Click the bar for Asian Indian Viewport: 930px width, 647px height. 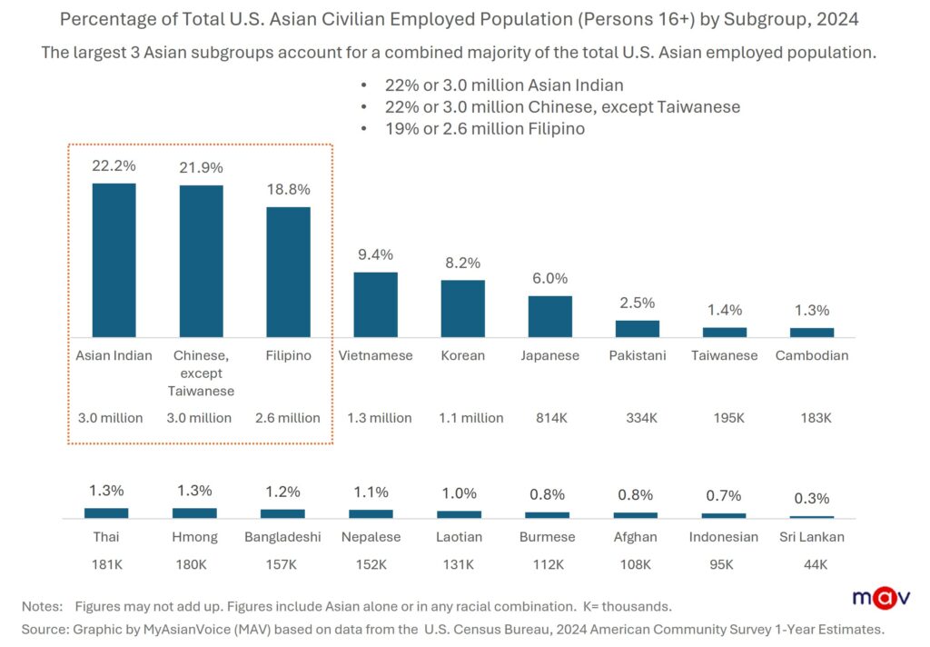tap(114, 260)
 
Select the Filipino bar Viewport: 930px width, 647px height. tap(288, 272)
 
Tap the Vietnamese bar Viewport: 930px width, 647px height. tap(375, 304)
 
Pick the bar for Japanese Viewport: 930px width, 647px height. tap(549, 316)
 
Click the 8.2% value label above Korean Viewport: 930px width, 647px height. tap(462, 263)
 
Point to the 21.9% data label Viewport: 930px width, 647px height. tap(201, 167)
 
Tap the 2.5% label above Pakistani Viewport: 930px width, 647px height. tap(637, 303)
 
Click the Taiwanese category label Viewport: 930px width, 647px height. tap(724, 355)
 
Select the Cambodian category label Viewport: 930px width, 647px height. tap(812, 355)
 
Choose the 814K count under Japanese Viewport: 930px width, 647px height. tap(549, 418)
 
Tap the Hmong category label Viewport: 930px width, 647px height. tap(194, 537)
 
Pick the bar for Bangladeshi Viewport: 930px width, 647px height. tap(282, 513)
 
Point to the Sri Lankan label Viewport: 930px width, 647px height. tap(812, 537)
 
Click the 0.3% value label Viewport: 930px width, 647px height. tap(812, 499)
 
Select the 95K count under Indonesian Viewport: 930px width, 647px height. tap(724, 564)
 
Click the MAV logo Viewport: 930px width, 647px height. tap(882, 597)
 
